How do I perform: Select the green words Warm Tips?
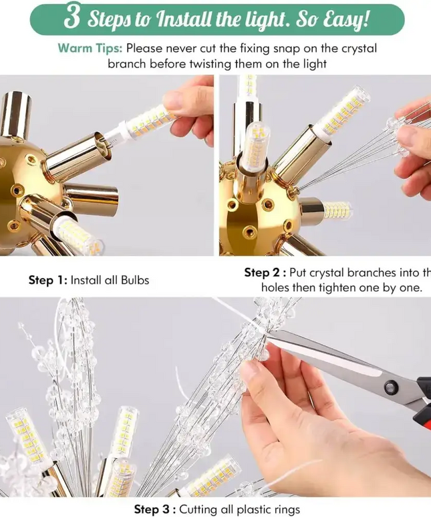(x=90, y=49)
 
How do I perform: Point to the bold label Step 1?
(x=47, y=281)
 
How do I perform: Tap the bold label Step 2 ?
(x=265, y=272)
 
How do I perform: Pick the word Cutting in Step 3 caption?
(x=203, y=510)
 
